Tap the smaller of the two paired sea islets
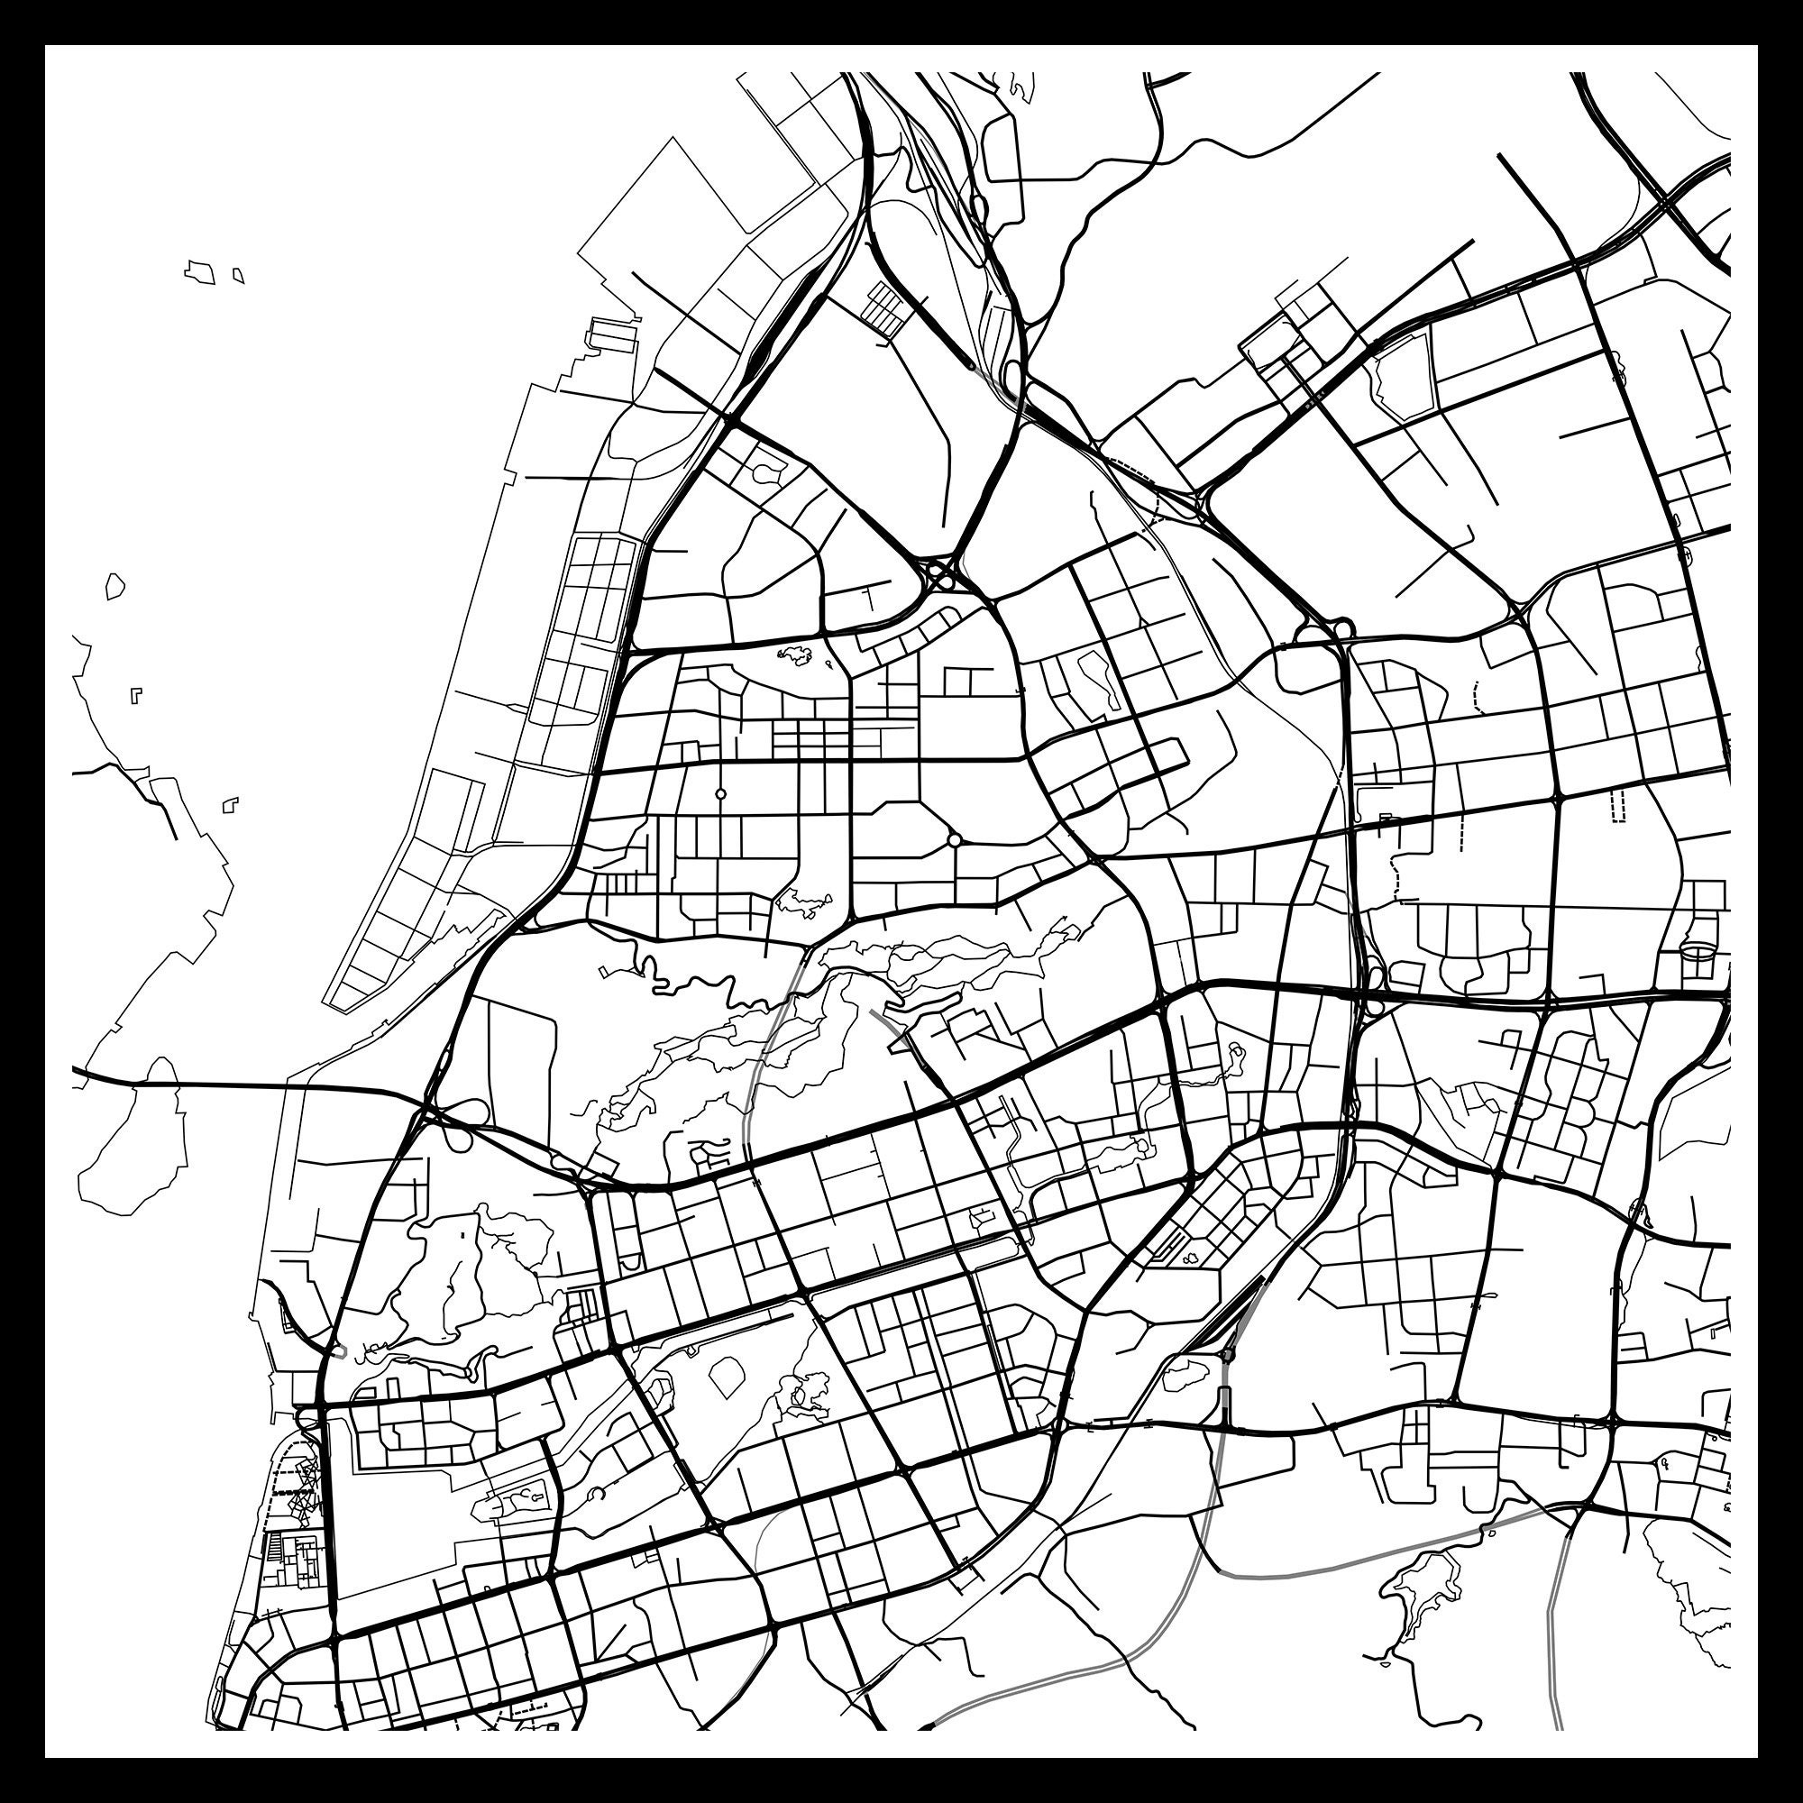[239, 275]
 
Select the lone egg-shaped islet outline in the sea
[114, 586]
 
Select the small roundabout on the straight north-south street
[720, 794]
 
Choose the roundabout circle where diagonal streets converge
[954, 840]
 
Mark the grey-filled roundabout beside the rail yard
[1228, 1354]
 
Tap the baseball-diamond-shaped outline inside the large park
[727, 1376]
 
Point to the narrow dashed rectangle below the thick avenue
[1618, 803]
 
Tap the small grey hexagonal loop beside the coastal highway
[340, 1350]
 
